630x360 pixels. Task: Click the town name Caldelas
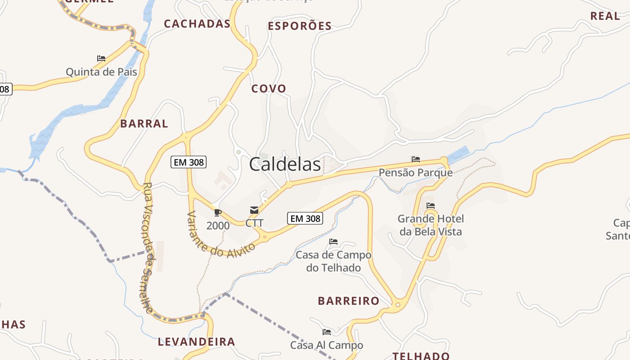click(285, 165)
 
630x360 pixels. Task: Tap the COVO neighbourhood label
click(269, 89)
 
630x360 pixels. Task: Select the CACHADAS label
click(197, 24)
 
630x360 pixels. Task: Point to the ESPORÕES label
click(300, 26)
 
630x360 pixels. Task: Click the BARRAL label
click(144, 124)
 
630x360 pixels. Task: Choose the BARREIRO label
click(348, 301)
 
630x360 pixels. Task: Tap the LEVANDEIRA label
click(196, 342)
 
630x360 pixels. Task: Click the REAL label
click(605, 16)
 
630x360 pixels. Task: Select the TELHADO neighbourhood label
click(421, 356)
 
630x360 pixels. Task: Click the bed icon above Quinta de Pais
click(101, 58)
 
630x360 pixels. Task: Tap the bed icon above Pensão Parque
click(415, 159)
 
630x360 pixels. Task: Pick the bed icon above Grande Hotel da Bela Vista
click(431, 206)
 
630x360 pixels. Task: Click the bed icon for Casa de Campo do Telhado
click(333, 242)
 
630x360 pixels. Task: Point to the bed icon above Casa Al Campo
click(327, 333)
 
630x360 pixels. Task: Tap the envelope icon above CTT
click(254, 210)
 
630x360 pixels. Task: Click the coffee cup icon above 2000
click(218, 212)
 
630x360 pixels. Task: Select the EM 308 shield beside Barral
click(188, 162)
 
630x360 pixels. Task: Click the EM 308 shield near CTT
click(305, 219)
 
